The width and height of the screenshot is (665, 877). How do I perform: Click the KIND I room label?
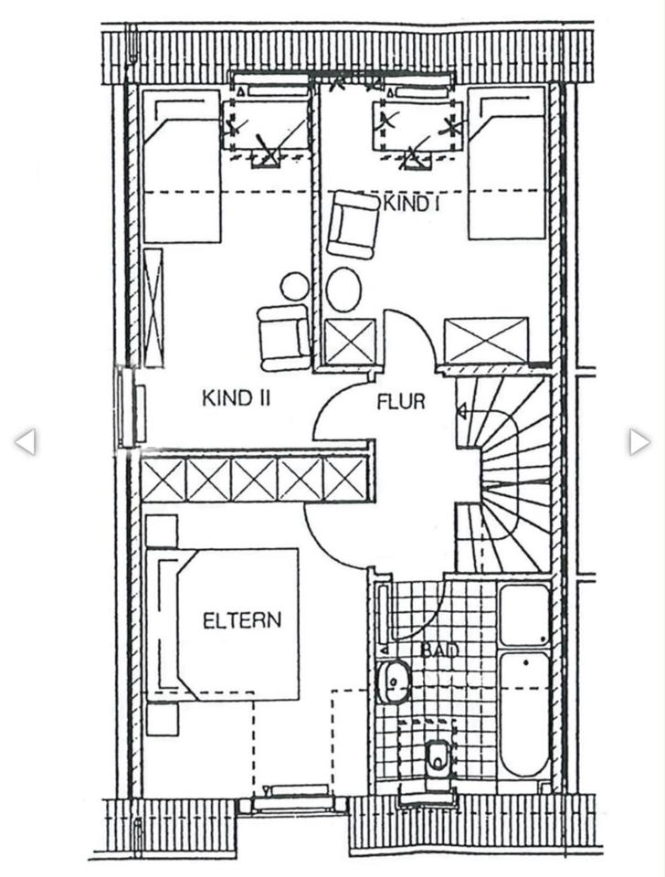[x=411, y=204]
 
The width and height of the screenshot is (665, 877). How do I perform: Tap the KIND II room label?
[x=236, y=399]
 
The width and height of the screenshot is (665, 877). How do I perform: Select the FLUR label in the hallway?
[x=400, y=402]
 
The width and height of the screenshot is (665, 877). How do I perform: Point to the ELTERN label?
[x=242, y=621]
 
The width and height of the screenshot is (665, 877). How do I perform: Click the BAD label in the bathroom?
[x=439, y=650]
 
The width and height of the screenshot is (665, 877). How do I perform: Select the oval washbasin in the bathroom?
[x=395, y=682]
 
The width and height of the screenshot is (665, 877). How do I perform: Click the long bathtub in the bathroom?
[x=524, y=714]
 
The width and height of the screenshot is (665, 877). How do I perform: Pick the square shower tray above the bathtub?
[x=523, y=615]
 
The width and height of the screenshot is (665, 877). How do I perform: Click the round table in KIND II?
[x=295, y=286]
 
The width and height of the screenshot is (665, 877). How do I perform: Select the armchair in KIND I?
[x=353, y=225]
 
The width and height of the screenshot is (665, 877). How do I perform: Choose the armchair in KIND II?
[x=284, y=338]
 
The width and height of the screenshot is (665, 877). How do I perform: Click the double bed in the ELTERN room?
[x=221, y=624]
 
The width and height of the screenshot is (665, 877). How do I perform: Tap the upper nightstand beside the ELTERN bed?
[x=162, y=530]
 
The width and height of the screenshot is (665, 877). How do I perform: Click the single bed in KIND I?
[x=507, y=164]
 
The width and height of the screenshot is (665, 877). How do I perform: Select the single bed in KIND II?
[x=181, y=166]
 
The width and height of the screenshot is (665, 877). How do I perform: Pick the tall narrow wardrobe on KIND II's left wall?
[x=153, y=308]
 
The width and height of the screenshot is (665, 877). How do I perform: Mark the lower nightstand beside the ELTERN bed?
[x=163, y=719]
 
